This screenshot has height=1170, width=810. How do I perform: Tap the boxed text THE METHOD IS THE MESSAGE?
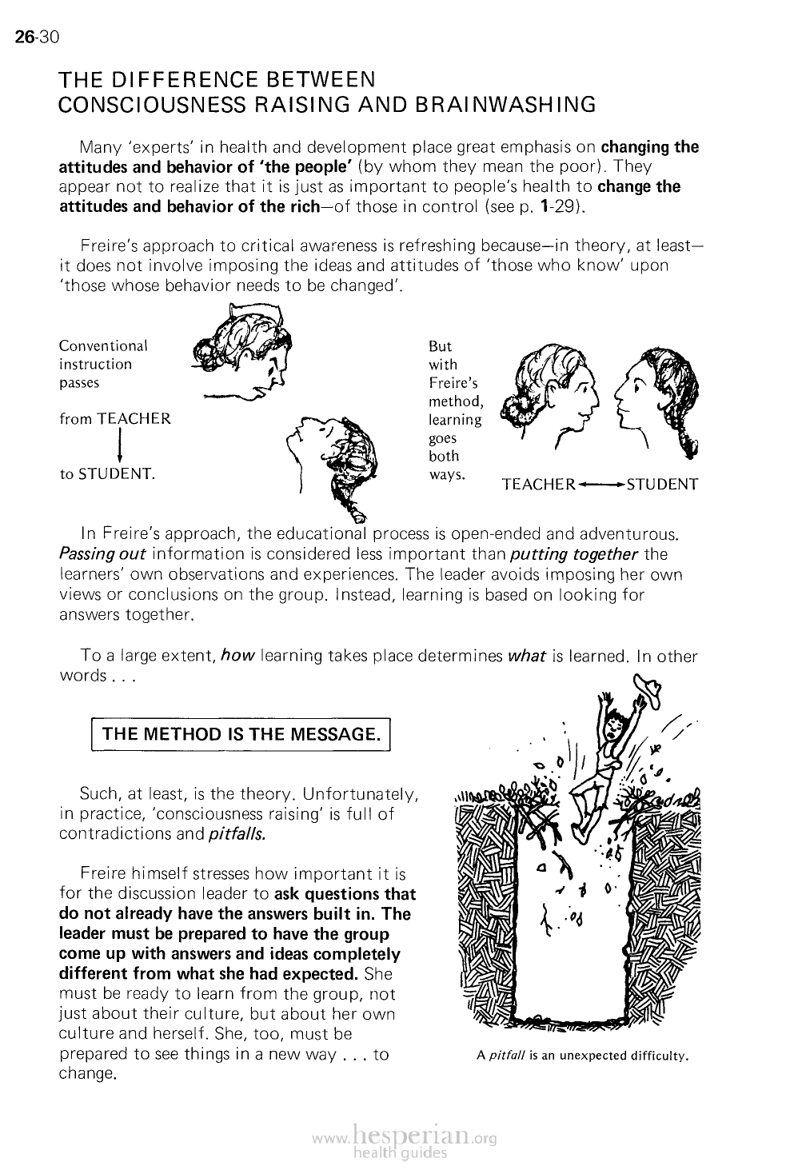pyautogui.click(x=240, y=734)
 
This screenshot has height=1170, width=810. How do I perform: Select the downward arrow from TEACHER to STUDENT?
pyautogui.click(x=119, y=446)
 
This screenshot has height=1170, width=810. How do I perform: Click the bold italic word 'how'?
pyautogui.click(x=237, y=656)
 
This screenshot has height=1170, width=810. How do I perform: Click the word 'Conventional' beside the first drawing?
pyautogui.click(x=103, y=346)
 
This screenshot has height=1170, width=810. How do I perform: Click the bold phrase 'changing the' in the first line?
pyautogui.click(x=649, y=147)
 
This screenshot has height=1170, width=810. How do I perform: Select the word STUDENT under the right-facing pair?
pyautogui.click(x=663, y=485)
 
